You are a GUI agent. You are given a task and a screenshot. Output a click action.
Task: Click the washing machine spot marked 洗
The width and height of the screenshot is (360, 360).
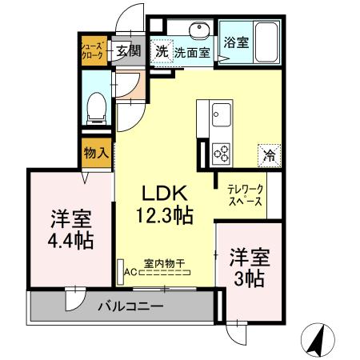click(162, 50)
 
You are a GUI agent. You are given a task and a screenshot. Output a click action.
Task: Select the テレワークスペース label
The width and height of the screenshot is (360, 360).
click(245, 197)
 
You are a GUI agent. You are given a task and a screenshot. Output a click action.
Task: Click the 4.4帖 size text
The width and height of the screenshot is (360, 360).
click(71, 238)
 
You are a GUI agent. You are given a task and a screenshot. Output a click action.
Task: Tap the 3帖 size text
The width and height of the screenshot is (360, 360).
click(250, 278)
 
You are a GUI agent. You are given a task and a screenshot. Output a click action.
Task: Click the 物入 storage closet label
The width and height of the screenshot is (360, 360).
click(95, 152)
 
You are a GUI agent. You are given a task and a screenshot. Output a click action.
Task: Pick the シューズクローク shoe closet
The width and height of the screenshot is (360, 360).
click(90, 50)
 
